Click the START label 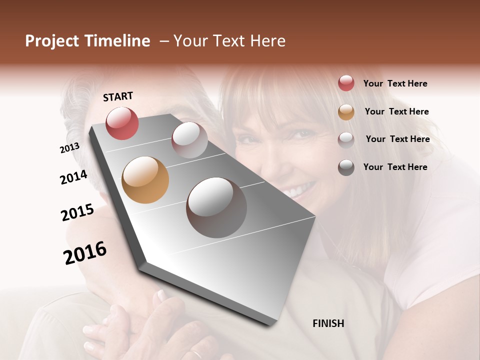[118, 96]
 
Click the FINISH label [328, 323]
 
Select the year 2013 [69, 147]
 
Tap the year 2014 [73, 177]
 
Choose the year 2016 [85, 253]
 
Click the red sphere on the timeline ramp [122, 123]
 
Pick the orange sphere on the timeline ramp [145, 180]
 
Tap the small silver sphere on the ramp [189, 140]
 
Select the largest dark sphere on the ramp [216, 207]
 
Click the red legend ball [346, 83]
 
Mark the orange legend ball [346, 112]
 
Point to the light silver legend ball [346, 139]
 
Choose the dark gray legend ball [346, 167]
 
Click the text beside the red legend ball [395, 83]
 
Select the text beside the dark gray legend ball [395, 167]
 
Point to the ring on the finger [196, 354]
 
